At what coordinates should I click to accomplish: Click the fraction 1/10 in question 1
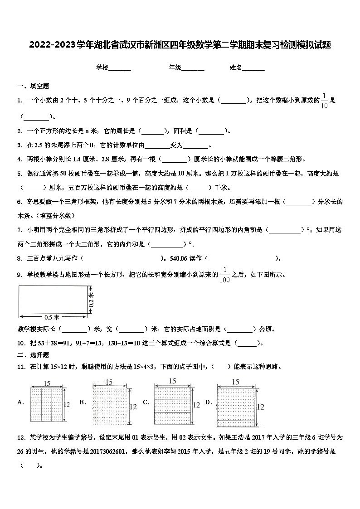point(324,101)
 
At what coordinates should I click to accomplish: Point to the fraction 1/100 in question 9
point(224,275)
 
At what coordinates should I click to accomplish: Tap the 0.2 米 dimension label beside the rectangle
point(91,300)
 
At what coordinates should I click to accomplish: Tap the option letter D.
point(208,402)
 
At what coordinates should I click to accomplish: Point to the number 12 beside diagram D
point(260,407)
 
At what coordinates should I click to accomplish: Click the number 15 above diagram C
point(172,382)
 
